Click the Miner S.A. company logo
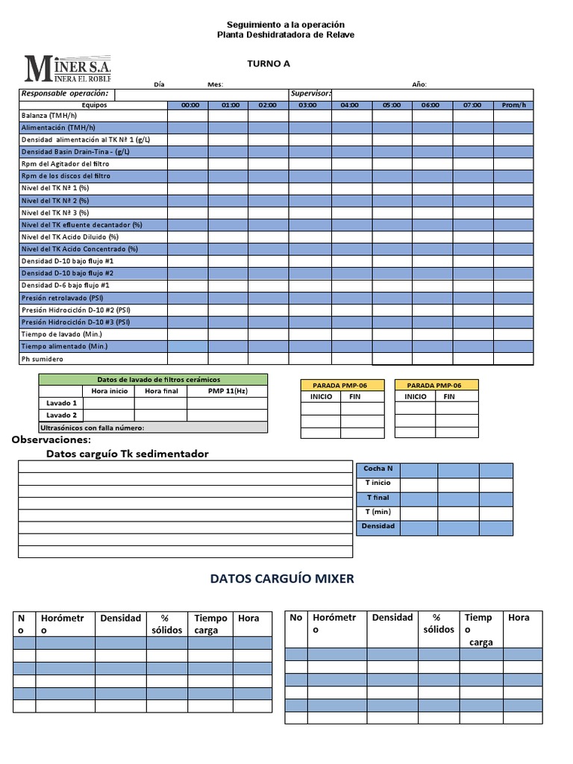[67, 68]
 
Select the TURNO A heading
[269, 64]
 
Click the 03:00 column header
[307, 105]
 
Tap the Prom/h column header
[513, 105]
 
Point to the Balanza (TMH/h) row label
[49, 116]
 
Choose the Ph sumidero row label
[42, 359]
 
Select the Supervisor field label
[310, 94]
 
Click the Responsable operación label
[64, 94]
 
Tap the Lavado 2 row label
[61, 415]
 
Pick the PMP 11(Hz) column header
[226, 391]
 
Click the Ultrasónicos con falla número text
[92, 428]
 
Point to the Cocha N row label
[378, 469]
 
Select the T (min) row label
[378, 512]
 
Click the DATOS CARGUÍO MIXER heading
[282, 578]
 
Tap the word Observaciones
[50, 440]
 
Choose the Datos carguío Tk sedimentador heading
[128, 454]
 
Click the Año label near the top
[419, 84]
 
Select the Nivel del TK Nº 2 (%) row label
[55, 201]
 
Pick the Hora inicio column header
[109, 391]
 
